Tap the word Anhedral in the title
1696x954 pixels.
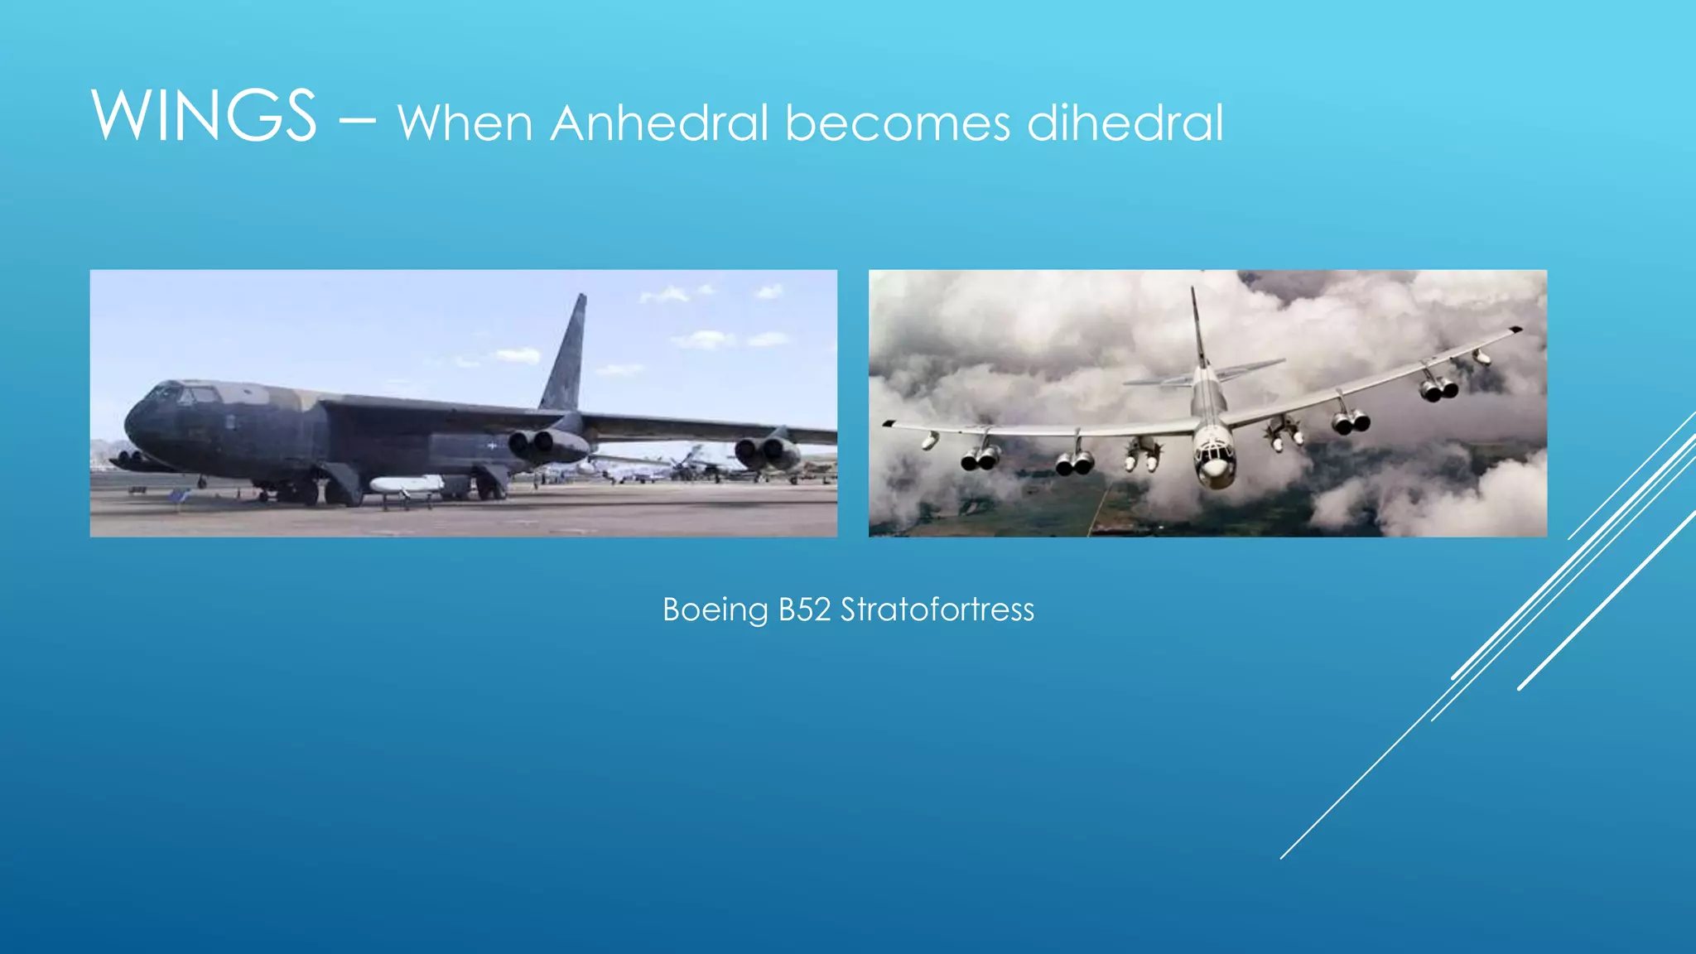(x=659, y=123)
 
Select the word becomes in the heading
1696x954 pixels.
(x=898, y=123)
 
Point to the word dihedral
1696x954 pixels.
(x=1125, y=123)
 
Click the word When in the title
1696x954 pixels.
(x=465, y=123)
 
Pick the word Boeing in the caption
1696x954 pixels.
(x=715, y=610)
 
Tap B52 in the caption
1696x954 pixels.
(x=804, y=610)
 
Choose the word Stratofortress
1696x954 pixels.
(x=937, y=610)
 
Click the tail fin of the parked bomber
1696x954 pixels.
(x=567, y=356)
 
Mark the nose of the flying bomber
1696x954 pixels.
(x=1214, y=470)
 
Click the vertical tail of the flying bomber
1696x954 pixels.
(x=1197, y=327)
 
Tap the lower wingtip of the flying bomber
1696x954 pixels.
(x=889, y=423)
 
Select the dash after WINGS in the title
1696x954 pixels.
(x=357, y=121)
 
